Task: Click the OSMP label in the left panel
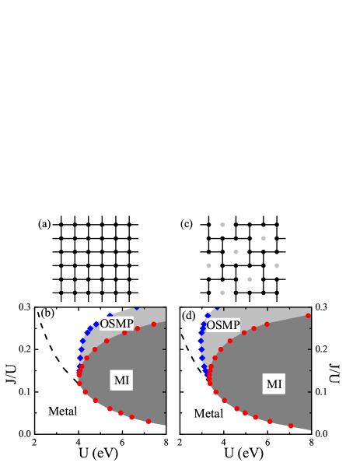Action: [x=117, y=323]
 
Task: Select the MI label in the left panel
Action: [x=122, y=380]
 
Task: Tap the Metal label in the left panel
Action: [x=62, y=411]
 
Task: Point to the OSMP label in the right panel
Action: [x=223, y=325]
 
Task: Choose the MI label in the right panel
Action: [x=274, y=384]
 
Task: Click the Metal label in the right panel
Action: [x=208, y=414]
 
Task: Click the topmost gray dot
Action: [x=222, y=225]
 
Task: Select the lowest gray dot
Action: [x=222, y=293]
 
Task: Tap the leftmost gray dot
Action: [x=208, y=266]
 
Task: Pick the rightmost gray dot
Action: [x=277, y=266]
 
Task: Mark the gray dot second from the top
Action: [x=264, y=238]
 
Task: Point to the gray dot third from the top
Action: [x=236, y=252]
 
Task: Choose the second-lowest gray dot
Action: [x=250, y=279]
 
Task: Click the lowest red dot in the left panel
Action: [x=149, y=422]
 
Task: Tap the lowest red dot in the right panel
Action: [x=291, y=426]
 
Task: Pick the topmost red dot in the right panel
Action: [x=308, y=316]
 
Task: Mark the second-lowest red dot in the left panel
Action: [x=131, y=417]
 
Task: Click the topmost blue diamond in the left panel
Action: [x=137, y=307]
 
